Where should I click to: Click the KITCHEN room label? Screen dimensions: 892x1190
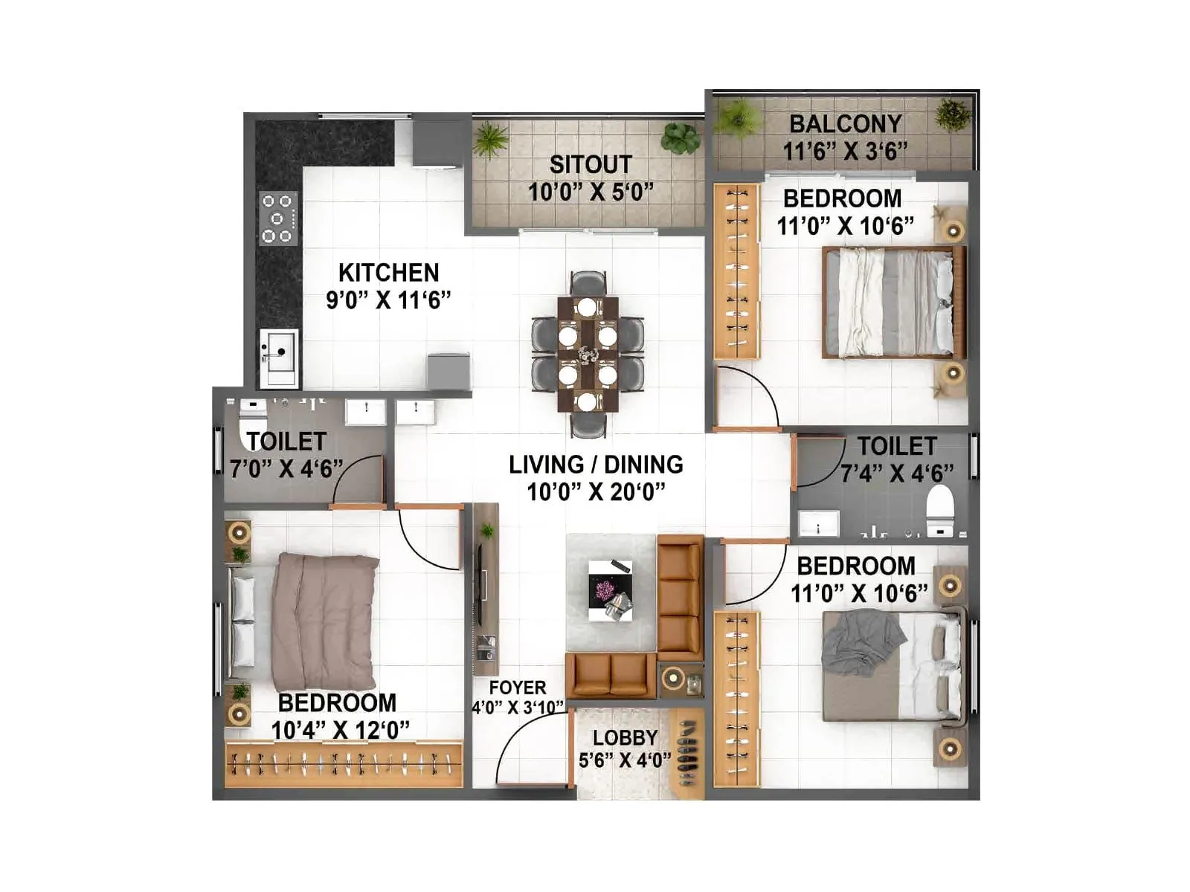388,272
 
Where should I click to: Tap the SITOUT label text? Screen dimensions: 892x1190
591,164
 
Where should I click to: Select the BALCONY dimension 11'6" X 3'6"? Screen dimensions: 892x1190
845,151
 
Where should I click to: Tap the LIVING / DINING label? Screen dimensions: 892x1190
596,465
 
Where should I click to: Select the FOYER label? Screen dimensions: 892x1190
518,688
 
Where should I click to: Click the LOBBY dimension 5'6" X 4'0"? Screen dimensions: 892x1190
624,760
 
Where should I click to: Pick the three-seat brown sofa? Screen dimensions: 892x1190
680,596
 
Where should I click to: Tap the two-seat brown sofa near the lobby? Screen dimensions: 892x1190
611,674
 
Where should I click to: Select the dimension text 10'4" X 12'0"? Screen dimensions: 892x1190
340,730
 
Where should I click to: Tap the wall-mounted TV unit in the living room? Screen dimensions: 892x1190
485,587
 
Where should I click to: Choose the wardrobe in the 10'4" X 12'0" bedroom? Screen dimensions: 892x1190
344,763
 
